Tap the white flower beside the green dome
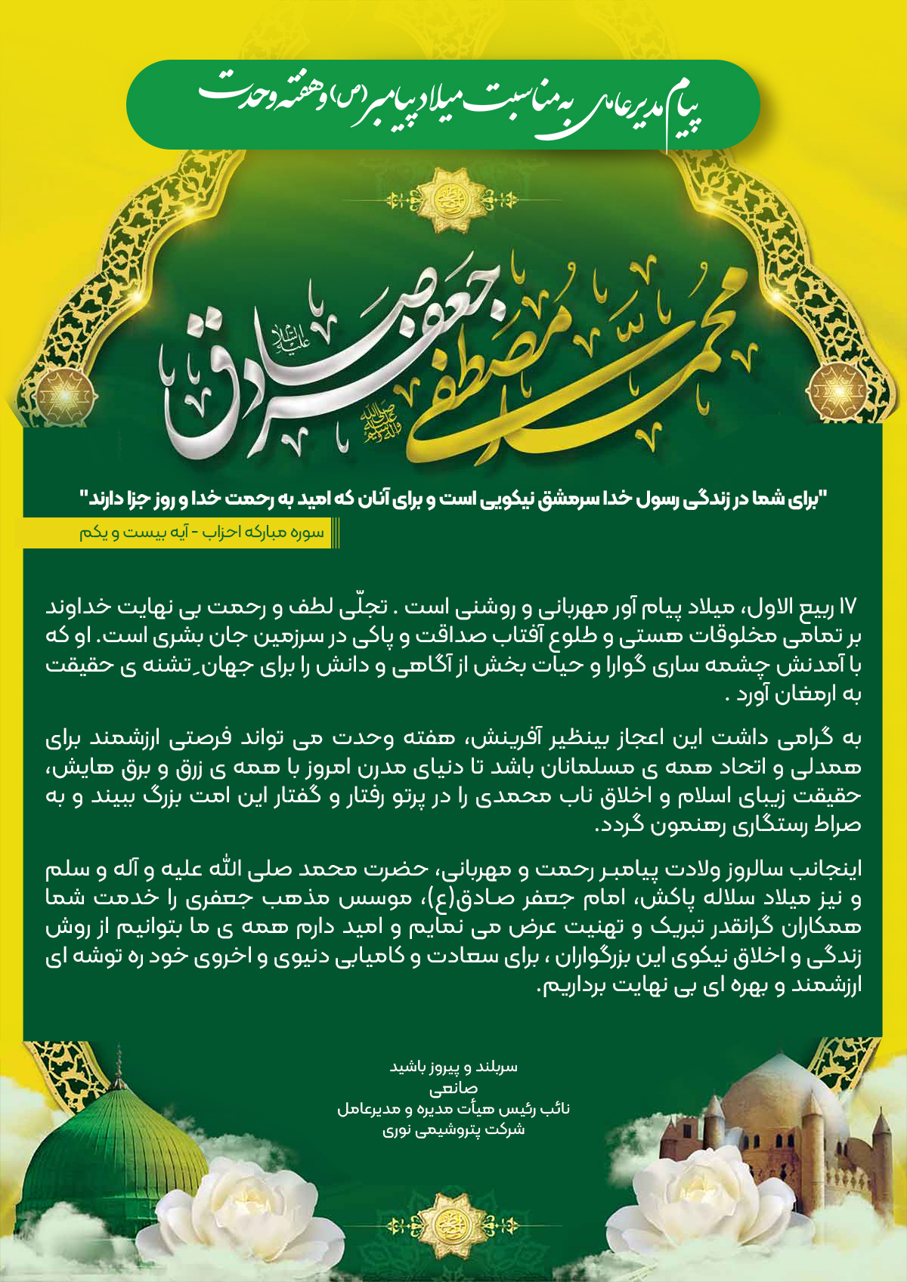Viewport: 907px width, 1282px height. (249, 1201)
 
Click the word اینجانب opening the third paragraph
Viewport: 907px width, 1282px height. (831, 870)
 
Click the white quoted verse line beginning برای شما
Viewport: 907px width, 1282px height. (453, 499)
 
